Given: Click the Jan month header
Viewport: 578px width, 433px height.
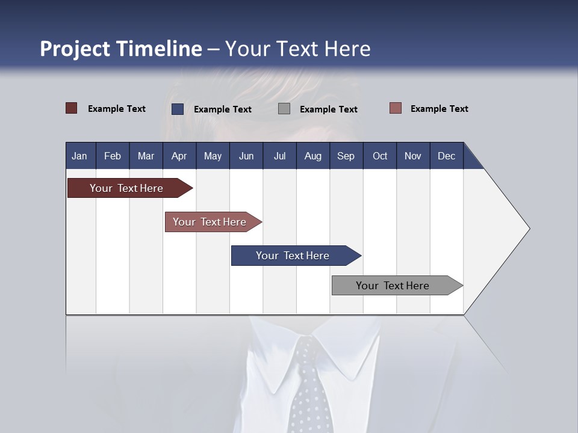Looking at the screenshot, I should tap(80, 156).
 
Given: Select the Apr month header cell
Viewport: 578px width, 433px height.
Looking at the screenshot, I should tap(179, 156).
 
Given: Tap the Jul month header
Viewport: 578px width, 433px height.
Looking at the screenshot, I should tap(279, 156).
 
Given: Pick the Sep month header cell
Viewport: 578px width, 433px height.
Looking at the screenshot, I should tap(346, 156).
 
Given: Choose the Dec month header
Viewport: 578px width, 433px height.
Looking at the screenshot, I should tap(446, 156).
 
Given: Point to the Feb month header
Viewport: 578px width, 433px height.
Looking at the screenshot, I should tap(113, 156).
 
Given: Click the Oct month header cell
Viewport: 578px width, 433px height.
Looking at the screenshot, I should tap(380, 156).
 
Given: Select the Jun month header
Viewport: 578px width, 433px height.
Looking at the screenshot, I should tap(246, 156).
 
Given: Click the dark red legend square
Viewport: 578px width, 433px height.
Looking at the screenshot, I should tap(72, 108).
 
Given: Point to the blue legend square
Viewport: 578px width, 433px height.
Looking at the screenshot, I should tap(178, 109).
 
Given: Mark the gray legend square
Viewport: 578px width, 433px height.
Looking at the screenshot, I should tap(284, 109).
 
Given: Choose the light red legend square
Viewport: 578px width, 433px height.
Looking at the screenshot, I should tap(395, 108).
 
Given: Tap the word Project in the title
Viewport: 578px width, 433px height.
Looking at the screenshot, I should tap(75, 49).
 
